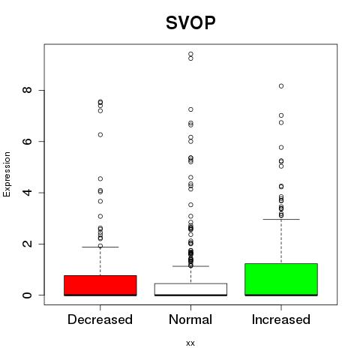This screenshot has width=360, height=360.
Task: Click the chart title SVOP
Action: click(190, 22)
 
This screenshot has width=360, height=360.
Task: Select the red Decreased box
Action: click(100, 286)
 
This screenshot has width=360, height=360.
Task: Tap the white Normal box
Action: click(190, 289)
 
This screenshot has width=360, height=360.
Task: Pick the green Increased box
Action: click(281, 280)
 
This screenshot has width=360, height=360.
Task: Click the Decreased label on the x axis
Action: click(100, 319)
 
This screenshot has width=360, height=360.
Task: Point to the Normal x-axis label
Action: click(190, 319)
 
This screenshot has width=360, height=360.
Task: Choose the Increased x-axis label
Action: click(281, 319)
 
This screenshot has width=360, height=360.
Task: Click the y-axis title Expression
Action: click(7, 174)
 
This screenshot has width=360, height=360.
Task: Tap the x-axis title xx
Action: click(190, 343)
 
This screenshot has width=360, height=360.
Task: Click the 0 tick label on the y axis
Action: click(28, 295)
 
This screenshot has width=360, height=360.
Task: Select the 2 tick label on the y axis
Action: click(28, 244)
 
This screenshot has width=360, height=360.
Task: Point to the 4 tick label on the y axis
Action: click(28, 193)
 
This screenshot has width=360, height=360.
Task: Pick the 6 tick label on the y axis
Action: click(28, 141)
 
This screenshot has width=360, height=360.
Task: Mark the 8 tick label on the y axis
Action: click(28, 90)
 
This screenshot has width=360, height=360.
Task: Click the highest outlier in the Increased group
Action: click(281, 86)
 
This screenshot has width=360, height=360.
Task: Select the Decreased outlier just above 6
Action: click(100, 135)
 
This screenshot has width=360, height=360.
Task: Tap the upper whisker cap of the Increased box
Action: click(281, 219)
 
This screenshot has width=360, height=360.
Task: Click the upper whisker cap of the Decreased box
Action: click(100, 247)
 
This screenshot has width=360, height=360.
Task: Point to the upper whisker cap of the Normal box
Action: click(190, 266)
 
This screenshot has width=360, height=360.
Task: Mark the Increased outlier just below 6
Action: click(281, 148)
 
